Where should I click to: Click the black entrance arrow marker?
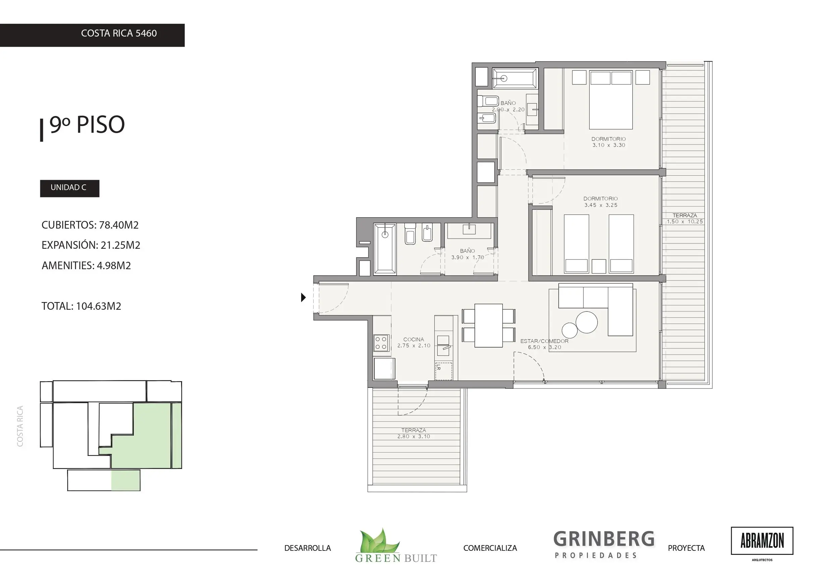tap(303, 297)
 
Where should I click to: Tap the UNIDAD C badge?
tap(69, 188)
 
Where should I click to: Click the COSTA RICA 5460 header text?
tap(119, 33)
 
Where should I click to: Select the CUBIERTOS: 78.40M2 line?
tap(90, 225)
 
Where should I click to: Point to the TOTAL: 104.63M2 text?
tap(81, 306)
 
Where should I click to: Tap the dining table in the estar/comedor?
tap(489, 325)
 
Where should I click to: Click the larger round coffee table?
tap(586, 322)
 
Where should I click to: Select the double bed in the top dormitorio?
tap(611, 100)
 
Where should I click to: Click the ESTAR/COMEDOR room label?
tap(544, 341)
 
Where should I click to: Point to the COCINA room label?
tap(413, 340)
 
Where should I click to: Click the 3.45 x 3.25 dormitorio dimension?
tap(601, 205)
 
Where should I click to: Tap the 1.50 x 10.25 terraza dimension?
tap(685, 222)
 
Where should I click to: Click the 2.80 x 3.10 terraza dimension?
tap(413, 436)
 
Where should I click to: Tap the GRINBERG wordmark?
tap(604, 539)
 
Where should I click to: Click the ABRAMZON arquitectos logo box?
tap(762, 541)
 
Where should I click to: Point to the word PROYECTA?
tap(686, 548)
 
